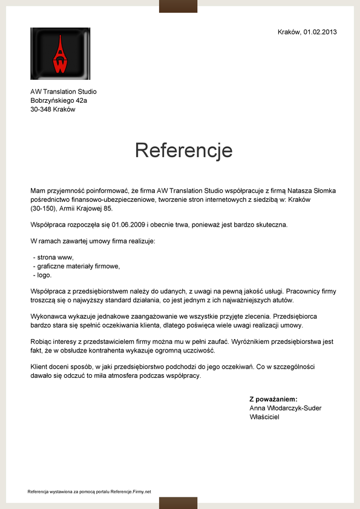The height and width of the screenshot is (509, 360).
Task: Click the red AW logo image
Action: (60, 53)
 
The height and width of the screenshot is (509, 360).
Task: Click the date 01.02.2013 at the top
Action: (320, 32)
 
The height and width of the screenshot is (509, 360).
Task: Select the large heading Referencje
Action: (183, 150)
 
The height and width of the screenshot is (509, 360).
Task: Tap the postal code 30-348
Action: (41, 109)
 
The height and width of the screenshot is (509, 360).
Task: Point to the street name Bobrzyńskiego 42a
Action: (59, 100)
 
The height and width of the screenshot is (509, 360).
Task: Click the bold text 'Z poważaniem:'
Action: (273, 399)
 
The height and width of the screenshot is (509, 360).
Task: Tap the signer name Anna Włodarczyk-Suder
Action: (286, 408)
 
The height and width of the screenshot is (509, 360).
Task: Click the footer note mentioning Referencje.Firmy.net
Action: (90, 491)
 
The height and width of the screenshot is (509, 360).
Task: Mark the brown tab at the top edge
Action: (178, 6)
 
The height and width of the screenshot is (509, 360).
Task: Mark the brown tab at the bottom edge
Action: (178, 503)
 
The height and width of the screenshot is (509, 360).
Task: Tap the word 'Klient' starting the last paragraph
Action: (40, 367)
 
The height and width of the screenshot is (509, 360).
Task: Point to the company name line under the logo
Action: (64, 92)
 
